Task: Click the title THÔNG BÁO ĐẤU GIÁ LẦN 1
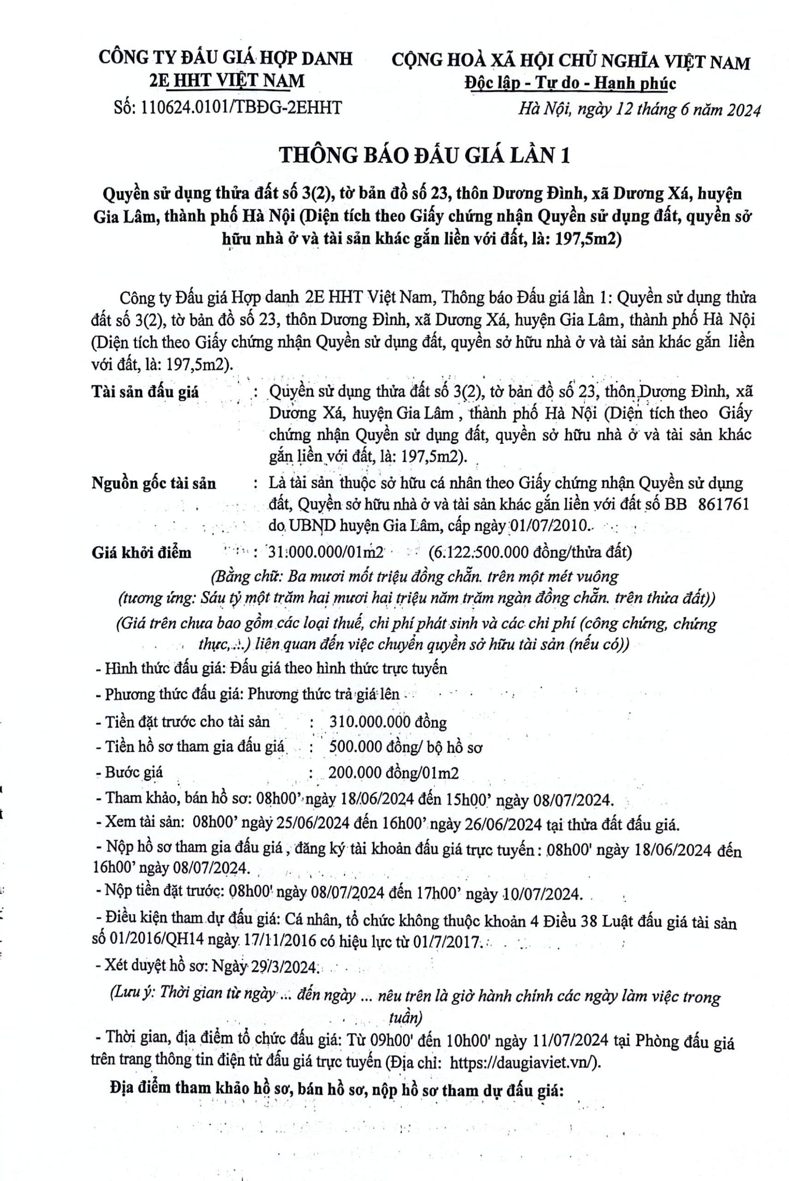pos(424,155)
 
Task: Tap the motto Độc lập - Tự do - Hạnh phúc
pos(570,84)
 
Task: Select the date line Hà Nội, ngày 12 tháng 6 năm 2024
pos(640,110)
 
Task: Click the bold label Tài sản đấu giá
pos(145,392)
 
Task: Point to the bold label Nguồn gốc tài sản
pos(154,483)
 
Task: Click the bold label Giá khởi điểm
pos(142,552)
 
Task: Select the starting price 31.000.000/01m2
pos(326,552)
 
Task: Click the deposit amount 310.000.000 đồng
pos(387,722)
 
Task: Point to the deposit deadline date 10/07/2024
pos(543,894)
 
